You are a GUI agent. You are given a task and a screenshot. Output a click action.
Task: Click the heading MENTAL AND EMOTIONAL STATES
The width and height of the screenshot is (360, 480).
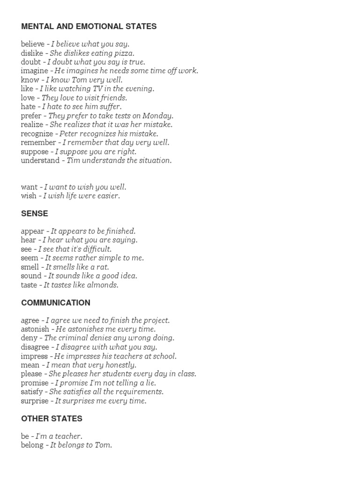(89, 27)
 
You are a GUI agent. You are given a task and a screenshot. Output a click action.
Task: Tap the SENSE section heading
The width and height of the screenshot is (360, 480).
(34, 213)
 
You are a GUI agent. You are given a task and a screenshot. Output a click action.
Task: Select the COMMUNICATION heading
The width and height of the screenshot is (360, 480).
(55, 303)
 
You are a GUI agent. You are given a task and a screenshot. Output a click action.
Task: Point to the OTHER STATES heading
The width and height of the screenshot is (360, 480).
(52, 418)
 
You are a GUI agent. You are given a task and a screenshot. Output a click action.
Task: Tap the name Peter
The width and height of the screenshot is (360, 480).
(68, 134)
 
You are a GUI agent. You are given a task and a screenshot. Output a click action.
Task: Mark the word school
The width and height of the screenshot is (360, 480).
(163, 356)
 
